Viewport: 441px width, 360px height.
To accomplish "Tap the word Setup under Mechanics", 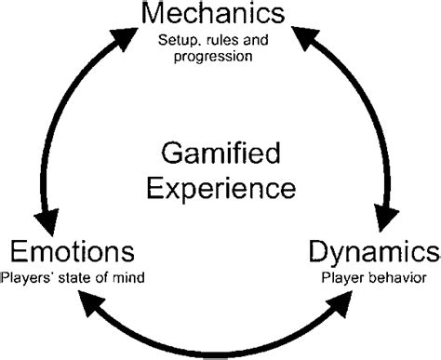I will coord(177,38).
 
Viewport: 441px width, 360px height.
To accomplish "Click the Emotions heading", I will coord(73,252).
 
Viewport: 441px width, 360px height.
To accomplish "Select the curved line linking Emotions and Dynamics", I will coord(220,347).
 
